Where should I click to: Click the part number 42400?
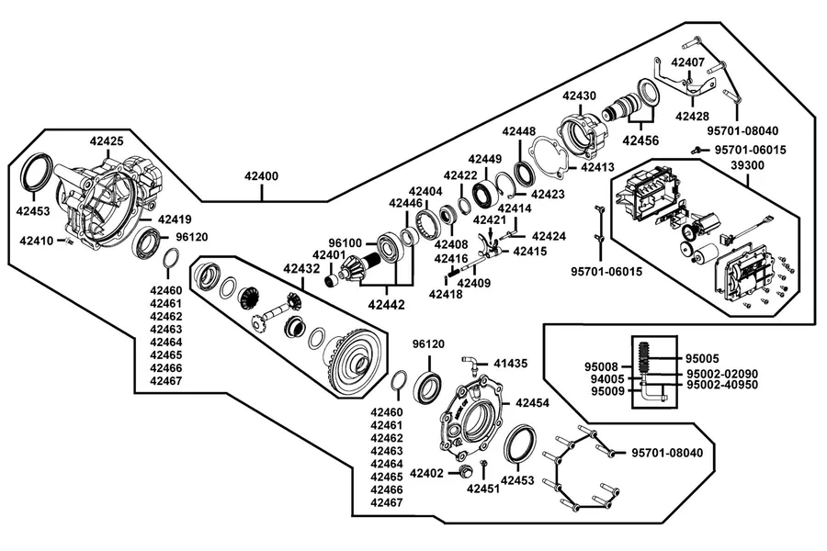coord(261,175)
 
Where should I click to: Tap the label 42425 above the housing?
coord(107,141)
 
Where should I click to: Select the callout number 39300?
coord(747,165)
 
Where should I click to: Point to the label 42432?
coord(301,268)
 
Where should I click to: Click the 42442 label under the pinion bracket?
coord(386,304)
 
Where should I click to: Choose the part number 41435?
coord(511,364)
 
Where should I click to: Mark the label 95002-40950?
coord(722,385)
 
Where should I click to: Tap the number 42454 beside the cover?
coord(532,403)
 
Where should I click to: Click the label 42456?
coord(640,141)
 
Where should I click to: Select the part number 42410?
coord(37,241)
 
